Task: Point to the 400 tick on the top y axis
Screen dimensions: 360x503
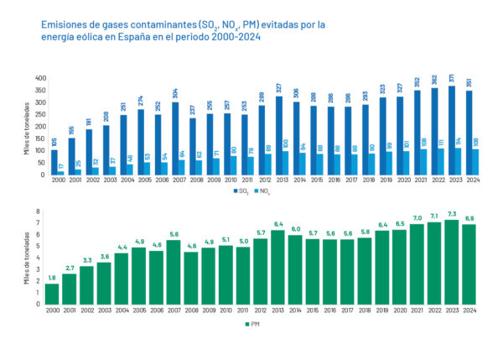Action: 39,78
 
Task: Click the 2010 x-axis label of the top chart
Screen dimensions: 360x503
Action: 230,181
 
